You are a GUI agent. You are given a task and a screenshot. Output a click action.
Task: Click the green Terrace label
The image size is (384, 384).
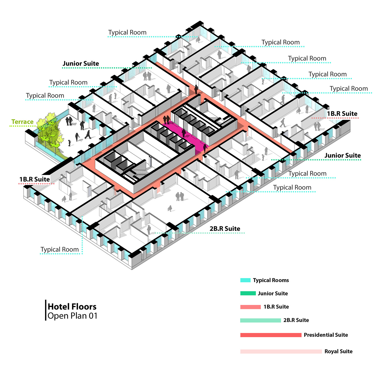(x=23, y=122)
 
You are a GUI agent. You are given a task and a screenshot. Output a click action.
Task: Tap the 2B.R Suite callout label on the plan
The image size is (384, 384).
(x=225, y=229)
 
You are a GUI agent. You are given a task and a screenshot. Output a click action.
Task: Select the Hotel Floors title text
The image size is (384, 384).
(x=72, y=306)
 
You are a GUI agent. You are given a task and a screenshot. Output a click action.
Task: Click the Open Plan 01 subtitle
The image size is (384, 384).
(x=72, y=316)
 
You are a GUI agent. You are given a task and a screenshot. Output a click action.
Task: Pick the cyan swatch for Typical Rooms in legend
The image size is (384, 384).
(x=245, y=280)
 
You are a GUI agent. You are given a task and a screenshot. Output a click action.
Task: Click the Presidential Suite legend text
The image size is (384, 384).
(x=326, y=335)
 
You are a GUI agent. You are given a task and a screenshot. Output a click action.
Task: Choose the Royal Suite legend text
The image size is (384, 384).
(x=338, y=351)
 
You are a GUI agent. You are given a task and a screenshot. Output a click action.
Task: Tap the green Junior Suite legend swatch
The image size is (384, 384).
(x=248, y=293)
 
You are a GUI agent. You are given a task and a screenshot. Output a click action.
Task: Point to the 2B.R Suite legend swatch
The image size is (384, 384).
(x=260, y=320)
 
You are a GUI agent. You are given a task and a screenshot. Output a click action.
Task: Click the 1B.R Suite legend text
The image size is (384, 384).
(x=276, y=307)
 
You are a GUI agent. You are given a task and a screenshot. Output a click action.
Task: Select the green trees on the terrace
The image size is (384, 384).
(x=50, y=131)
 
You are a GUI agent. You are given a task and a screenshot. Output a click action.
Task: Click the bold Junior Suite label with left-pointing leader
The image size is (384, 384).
(x=343, y=155)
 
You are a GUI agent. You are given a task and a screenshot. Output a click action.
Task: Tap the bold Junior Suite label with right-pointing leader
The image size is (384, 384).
(x=81, y=63)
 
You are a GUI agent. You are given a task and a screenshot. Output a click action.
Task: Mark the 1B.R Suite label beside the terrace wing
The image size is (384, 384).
(x=35, y=179)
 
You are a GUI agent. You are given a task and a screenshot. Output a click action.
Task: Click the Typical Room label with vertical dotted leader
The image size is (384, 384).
(x=60, y=249)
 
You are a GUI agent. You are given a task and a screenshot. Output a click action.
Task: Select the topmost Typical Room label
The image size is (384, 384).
(x=127, y=33)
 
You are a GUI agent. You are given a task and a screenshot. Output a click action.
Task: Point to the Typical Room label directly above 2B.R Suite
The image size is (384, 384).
(x=292, y=187)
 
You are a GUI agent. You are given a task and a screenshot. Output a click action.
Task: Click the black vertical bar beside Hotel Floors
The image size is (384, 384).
(x=46, y=310)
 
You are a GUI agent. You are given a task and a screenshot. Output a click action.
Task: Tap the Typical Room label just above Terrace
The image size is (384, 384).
(x=45, y=95)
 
